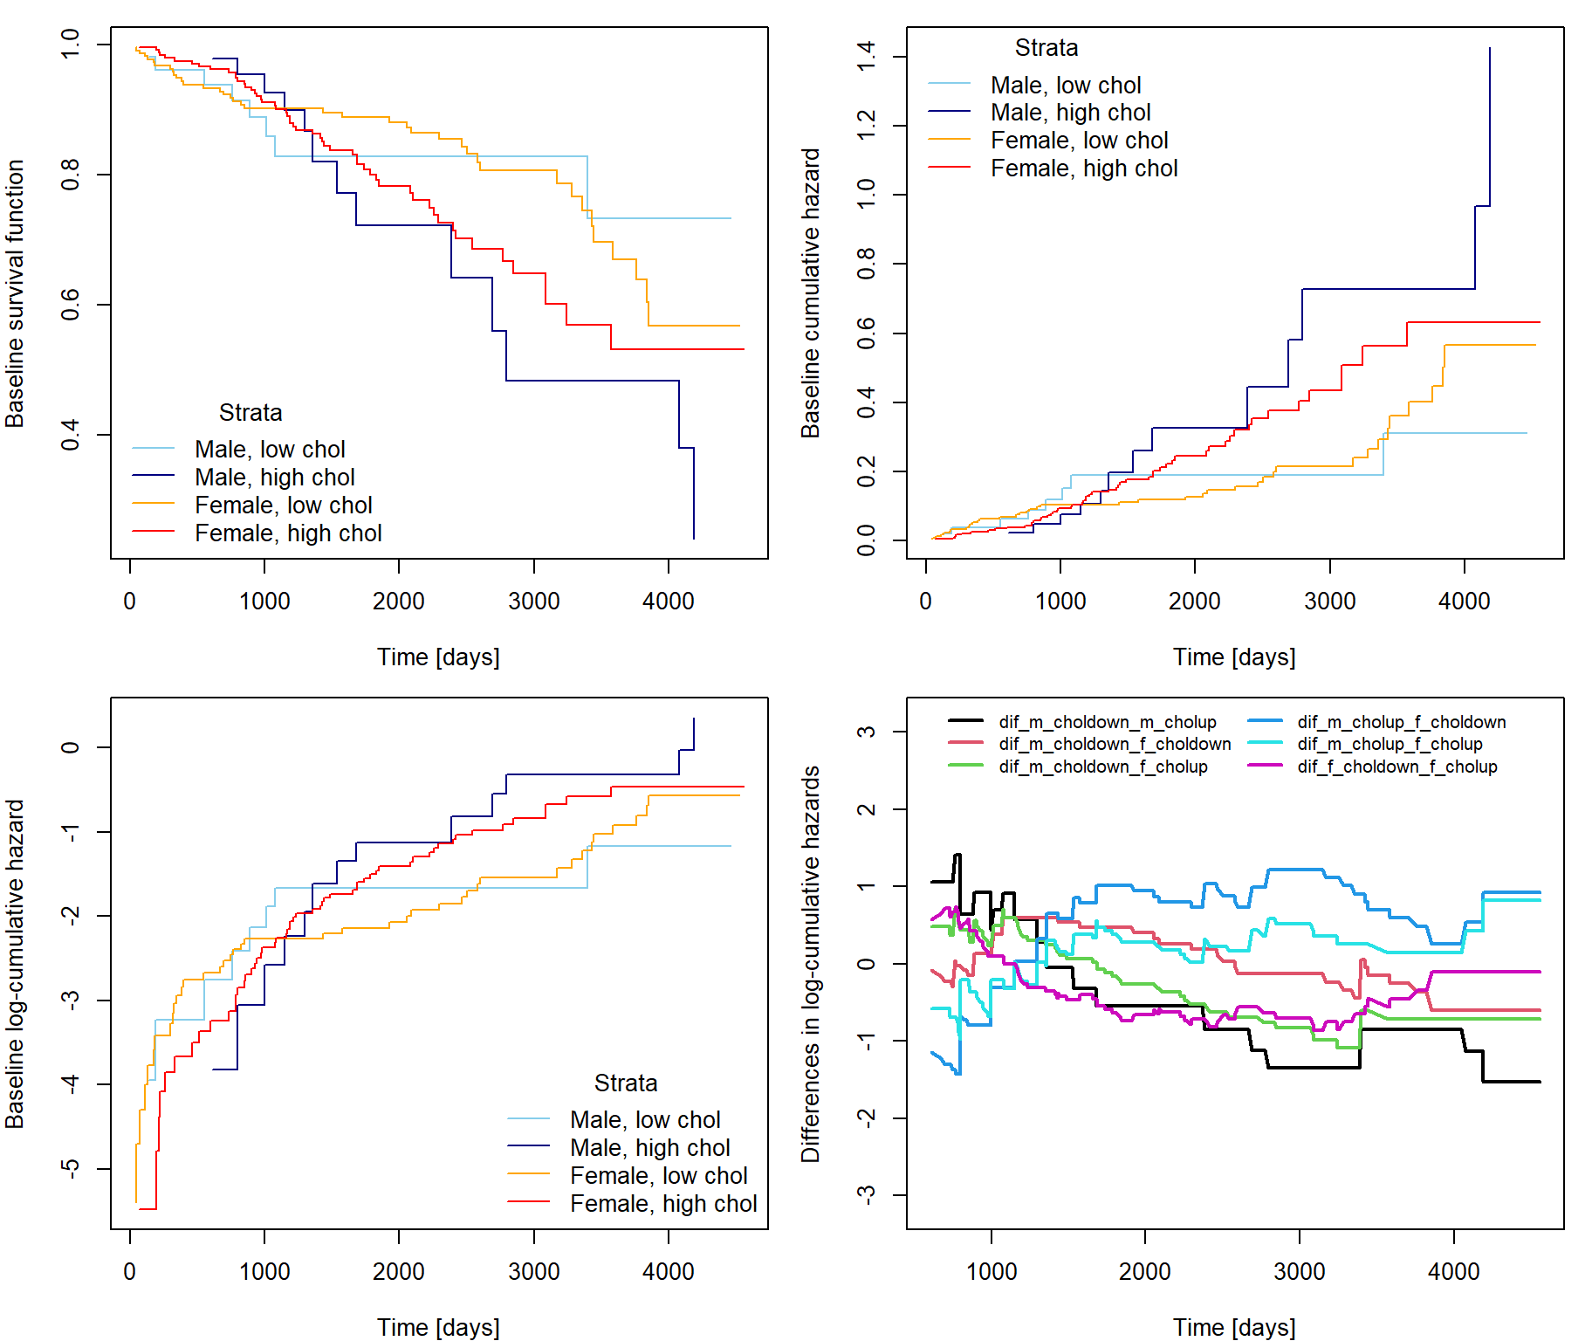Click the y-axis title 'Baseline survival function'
coord(15,293)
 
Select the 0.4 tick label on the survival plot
coord(71,435)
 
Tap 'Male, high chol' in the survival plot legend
coord(274,478)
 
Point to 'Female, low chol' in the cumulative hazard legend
coord(1079,141)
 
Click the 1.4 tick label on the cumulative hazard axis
coord(866,57)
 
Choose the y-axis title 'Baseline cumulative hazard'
coord(811,293)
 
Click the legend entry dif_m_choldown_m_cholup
coord(1107,722)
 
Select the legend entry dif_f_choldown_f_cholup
coord(1396,767)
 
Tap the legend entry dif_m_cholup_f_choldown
coord(1401,722)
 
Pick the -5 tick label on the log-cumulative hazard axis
coord(71,1168)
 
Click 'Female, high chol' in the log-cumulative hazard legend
coord(662,1204)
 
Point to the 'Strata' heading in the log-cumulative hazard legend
coord(626,1083)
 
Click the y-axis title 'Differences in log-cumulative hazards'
coord(811,964)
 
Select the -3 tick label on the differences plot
coord(866,1195)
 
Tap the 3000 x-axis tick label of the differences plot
coord(1299,1271)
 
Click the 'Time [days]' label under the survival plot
coord(438,657)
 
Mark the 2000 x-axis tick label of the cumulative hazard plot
coord(1194,601)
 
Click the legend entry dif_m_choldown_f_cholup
coord(1102,767)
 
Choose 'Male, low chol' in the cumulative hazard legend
coord(1065,86)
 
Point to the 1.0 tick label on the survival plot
coord(71,44)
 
